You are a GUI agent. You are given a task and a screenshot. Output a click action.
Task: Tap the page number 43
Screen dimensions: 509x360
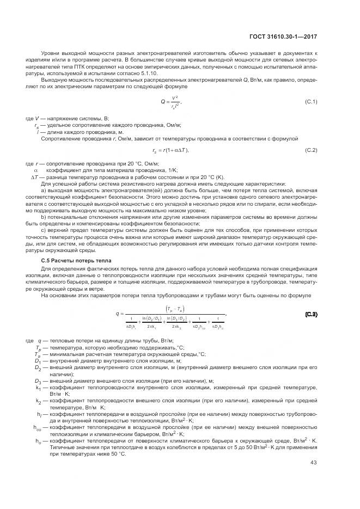pos(314,463)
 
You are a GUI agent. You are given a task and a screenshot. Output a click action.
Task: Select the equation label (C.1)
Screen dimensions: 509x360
pos(311,102)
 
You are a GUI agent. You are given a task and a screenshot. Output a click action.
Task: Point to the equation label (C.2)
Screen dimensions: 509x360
pos(311,150)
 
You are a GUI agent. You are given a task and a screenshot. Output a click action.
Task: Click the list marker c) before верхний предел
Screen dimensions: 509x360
pos(44,229)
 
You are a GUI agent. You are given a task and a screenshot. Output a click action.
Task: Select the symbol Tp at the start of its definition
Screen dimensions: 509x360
pos(38,347)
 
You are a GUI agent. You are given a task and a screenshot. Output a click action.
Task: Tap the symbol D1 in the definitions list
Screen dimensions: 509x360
pos(38,360)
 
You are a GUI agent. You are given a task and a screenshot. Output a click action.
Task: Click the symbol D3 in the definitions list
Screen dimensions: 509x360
pos(38,381)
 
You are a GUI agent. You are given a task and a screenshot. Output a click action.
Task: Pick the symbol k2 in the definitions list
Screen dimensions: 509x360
pos(38,401)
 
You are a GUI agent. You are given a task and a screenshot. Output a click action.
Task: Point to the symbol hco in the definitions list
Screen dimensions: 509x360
pos(37,428)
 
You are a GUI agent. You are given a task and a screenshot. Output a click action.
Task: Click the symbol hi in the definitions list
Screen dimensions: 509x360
pos(38,415)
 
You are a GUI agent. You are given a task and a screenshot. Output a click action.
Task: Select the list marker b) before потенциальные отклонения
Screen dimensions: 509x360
pos(44,217)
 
